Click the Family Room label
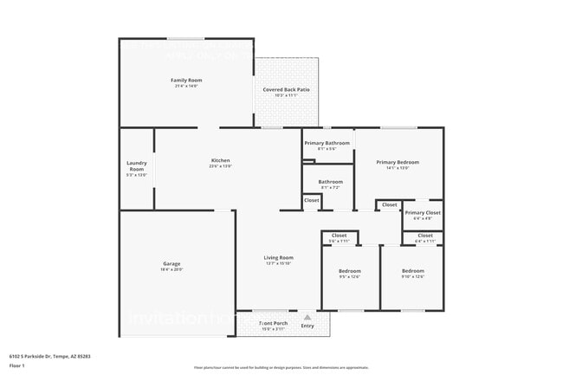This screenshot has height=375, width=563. tap(185, 81)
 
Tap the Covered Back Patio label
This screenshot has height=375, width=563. tap(287, 89)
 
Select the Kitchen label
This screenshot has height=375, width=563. tap(220, 160)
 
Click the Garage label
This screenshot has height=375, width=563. tap(171, 263)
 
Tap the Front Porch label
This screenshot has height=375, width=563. tap(274, 322)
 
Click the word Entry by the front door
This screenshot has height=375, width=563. tap(307, 326)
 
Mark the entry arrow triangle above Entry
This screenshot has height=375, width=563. tap(307, 317)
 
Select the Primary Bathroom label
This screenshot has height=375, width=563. tap(327, 143)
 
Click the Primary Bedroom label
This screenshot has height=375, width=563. tap(398, 162)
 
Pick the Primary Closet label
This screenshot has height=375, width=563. tap(423, 212)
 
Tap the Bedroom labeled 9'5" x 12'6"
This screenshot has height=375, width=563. tap(350, 271)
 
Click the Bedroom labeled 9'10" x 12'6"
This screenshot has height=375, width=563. tap(412, 271)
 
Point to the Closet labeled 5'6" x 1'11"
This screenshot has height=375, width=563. tap(339, 235)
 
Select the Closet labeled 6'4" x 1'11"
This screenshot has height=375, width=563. tap(424, 235)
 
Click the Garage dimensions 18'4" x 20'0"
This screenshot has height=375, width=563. tap(171, 269)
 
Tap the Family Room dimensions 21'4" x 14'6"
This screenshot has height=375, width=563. tap(185, 87)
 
